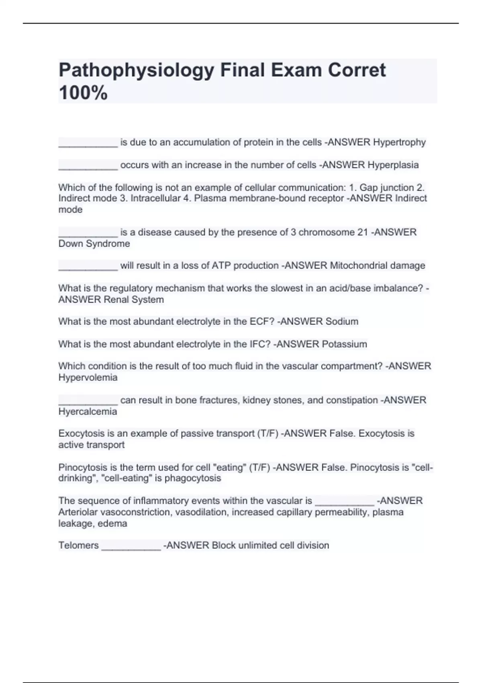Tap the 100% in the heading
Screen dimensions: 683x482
pos(83,93)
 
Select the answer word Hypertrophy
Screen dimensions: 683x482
pos(399,142)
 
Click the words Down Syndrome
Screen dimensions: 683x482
pos(94,243)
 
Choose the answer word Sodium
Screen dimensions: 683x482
pos(342,321)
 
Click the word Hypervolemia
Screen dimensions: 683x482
pos(88,377)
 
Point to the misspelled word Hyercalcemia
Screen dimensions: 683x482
pos(88,411)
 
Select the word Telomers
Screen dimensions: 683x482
pos(78,545)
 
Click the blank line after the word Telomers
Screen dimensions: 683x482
pos(131,547)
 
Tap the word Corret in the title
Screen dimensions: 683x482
pos(357,71)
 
